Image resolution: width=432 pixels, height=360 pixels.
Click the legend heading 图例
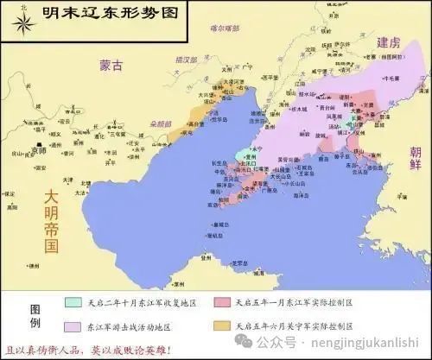click(x=35, y=316)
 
